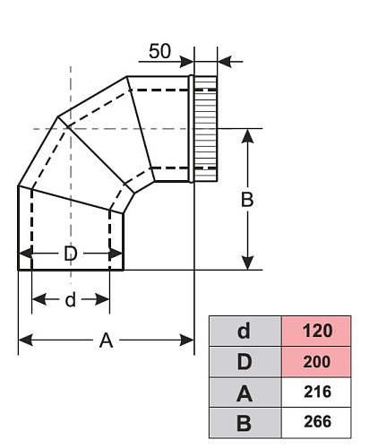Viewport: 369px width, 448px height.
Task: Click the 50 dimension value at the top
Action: click(x=159, y=51)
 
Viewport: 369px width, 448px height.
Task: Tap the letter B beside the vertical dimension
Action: click(x=247, y=200)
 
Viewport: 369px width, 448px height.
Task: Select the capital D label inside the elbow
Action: click(x=71, y=254)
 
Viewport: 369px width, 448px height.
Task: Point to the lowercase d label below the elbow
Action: click(x=70, y=299)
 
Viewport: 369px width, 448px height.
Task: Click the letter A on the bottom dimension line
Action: click(x=106, y=340)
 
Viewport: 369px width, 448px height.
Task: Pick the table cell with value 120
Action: click(x=316, y=332)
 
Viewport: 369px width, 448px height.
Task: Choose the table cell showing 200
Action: click(x=316, y=362)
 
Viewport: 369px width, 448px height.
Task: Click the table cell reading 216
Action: click(x=316, y=392)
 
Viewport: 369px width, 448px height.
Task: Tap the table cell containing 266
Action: click(x=316, y=422)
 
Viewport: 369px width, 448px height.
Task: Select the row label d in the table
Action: click(x=245, y=332)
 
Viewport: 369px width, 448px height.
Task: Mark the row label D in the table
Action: click(x=245, y=362)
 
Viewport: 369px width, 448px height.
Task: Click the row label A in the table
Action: click(x=245, y=392)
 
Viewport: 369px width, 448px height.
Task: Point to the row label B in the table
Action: click(x=245, y=422)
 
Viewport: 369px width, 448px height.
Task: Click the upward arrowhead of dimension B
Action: click(x=247, y=136)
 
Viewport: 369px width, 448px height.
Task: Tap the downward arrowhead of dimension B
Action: click(x=247, y=263)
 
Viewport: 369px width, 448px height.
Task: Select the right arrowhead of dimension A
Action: click(x=187, y=340)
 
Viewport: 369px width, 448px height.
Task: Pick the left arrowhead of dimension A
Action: click(x=26, y=340)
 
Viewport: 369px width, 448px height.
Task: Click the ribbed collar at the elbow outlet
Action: click(x=205, y=129)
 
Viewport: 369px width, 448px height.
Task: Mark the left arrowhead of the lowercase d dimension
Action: click(x=39, y=299)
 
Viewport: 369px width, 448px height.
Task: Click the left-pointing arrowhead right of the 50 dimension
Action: click(x=225, y=62)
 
